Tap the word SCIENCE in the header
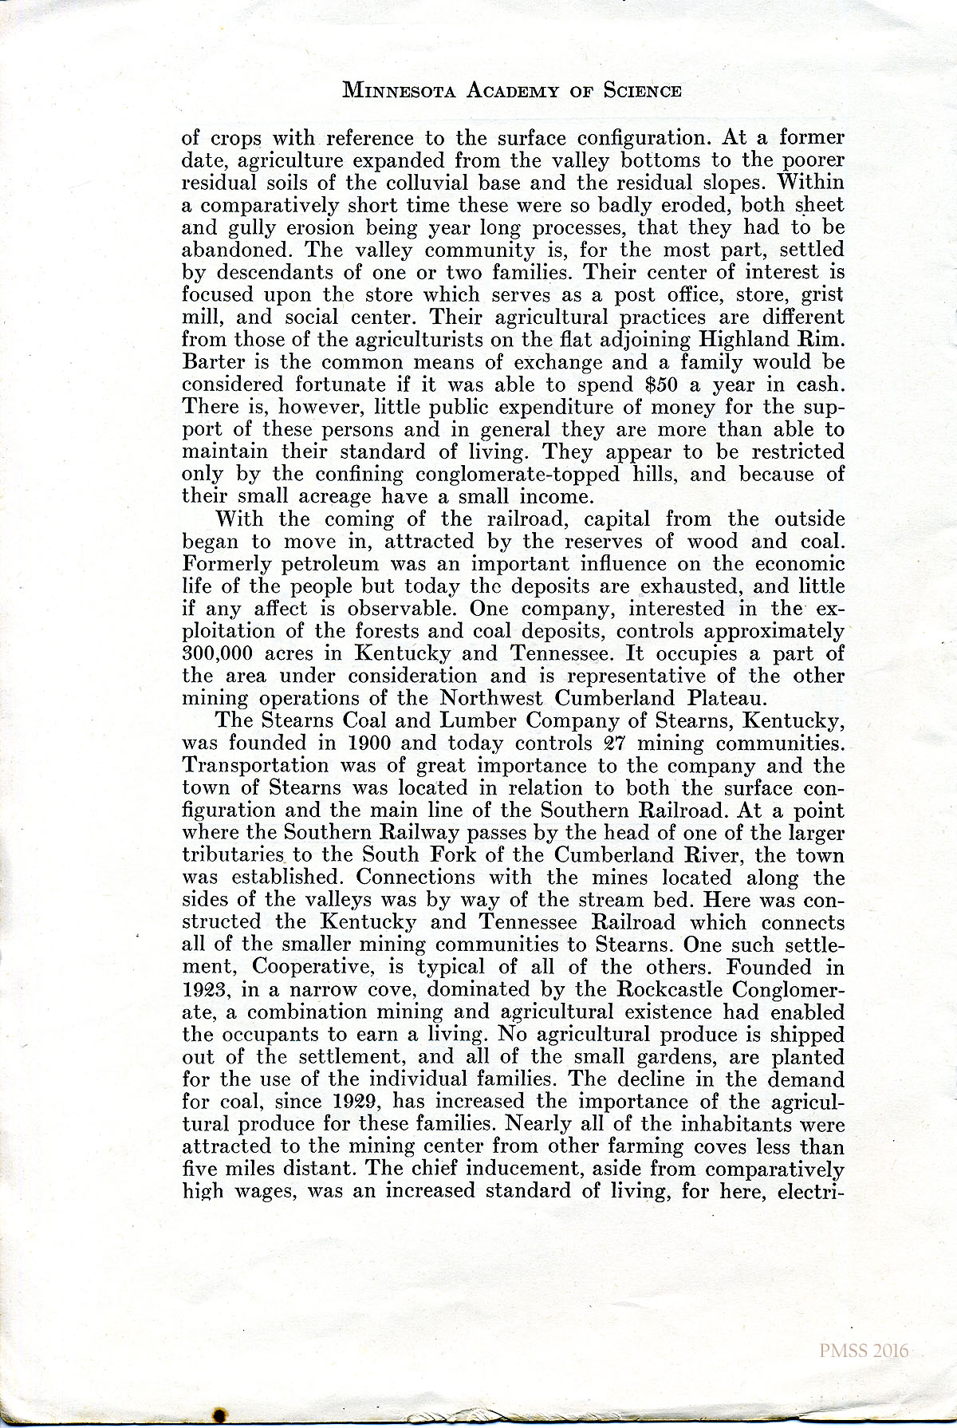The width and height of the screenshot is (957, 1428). pyautogui.click(x=642, y=90)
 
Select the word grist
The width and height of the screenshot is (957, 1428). pyautogui.click(x=822, y=295)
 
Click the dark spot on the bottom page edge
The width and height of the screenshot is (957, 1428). pyautogui.click(x=219, y=1415)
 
